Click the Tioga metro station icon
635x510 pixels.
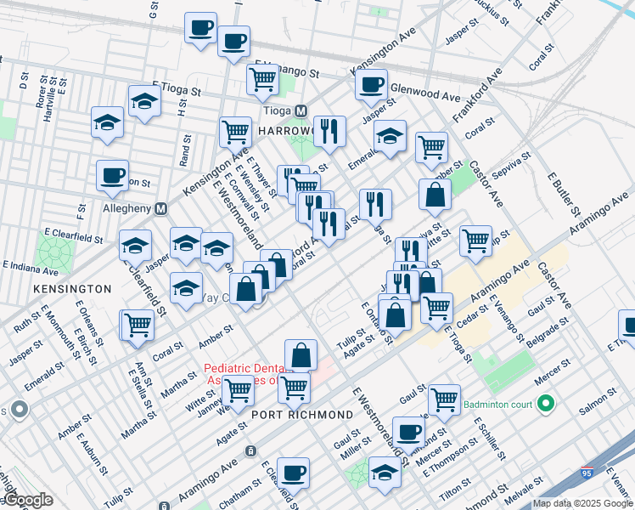coord(301,111)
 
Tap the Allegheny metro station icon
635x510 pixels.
coord(160,208)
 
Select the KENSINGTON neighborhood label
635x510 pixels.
coord(72,289)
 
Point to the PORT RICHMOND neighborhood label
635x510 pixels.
coord(301,414)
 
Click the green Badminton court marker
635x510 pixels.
coord(548,403)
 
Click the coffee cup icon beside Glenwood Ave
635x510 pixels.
coord(371,85)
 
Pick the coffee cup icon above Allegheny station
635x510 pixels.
coord(112,176)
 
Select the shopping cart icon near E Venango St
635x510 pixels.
coord(263,80)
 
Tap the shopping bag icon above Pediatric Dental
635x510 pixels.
coord(301,354)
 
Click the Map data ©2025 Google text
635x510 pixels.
coord(582,503)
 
